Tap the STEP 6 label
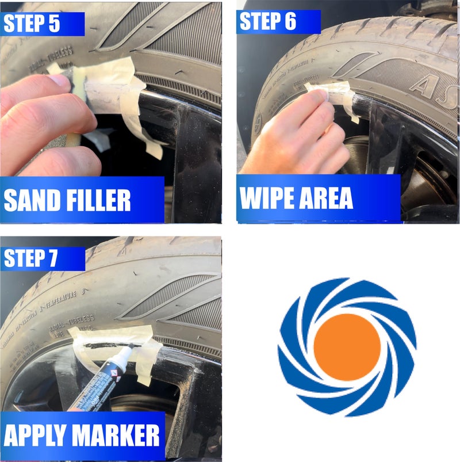point(267,21)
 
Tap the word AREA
point(325,197)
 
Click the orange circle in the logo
point(347,347)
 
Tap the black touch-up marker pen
point(101,380)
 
